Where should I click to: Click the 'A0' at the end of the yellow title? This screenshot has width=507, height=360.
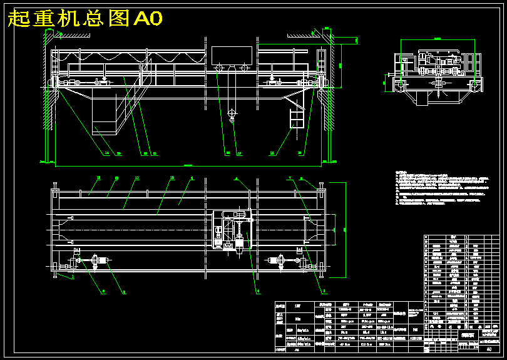pos(148,19)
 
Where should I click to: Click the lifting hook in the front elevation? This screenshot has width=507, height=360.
pos(232,115)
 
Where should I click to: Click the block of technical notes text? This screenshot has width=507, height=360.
pos(438,188)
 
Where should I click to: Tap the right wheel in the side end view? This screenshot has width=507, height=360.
pos(476,83)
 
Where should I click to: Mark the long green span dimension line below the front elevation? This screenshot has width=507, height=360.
pos(188,166)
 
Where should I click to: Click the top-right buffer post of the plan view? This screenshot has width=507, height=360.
pos(322,186)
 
